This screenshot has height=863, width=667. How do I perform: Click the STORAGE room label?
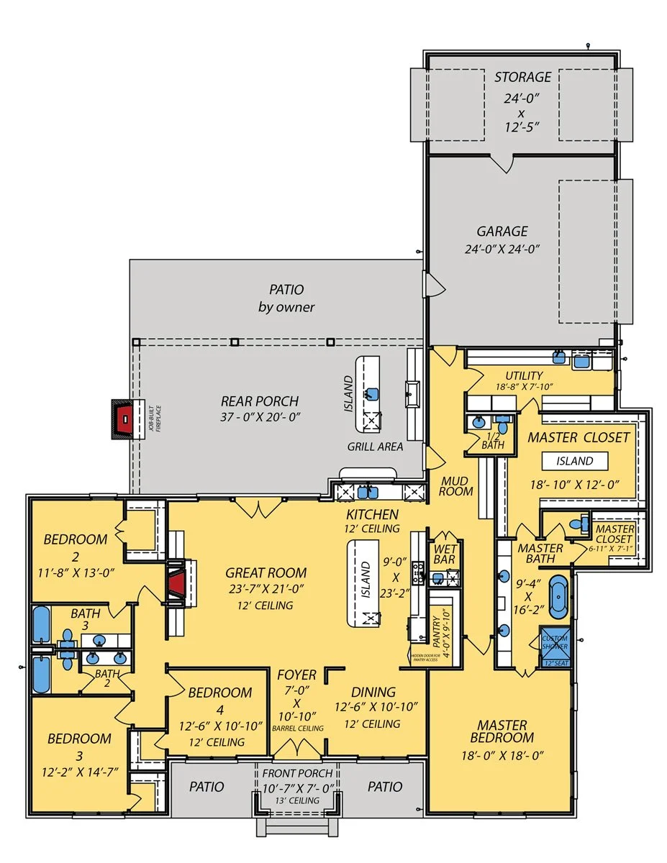tap(522, 77)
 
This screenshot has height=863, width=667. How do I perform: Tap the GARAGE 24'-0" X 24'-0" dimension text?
tap(502, 250)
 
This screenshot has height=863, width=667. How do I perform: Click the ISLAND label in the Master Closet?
tap(574, 461)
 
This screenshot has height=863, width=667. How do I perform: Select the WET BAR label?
tap(445, 554)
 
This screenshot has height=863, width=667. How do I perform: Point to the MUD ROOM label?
tap(457, 485)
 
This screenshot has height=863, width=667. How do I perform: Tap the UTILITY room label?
tap(524, 375)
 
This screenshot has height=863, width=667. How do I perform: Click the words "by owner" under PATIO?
tap(286, 307)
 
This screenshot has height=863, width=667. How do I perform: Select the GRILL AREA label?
tap(374, 447)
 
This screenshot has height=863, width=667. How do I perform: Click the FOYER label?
tap(296, 675)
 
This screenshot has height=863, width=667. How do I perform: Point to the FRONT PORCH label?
tap(296, 773)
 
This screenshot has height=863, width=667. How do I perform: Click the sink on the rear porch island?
tap(371, 393)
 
